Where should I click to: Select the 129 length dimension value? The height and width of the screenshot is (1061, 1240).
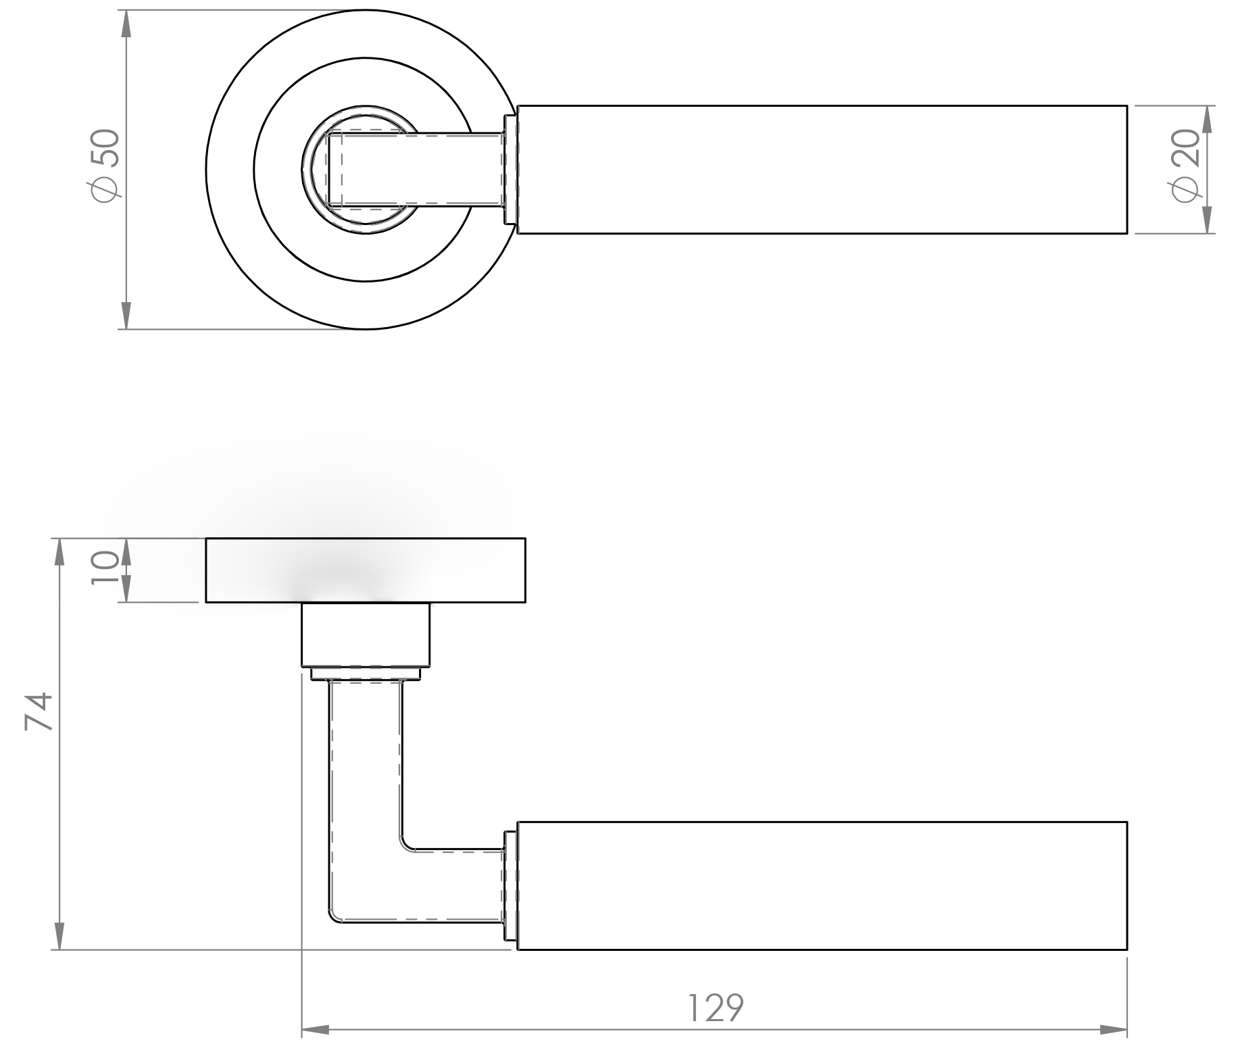pyautogui.click(x=716, y=1008)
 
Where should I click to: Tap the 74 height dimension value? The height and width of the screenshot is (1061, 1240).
pyautogui.click(x=39, y=710)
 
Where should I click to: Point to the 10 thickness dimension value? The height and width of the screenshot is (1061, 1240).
pyautogui.click(x=105, y=569)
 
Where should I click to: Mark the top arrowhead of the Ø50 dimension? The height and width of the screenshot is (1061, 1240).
pyautogui.click(x=126, y=24)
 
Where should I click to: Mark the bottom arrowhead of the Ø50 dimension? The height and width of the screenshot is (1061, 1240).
pyautogui.click(x=126, y=316)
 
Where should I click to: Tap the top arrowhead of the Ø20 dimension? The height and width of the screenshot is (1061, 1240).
pyautogui.click(x=1208, y=119)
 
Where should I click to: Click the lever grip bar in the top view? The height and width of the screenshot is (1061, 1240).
pyautogui.click(x=821, y=170)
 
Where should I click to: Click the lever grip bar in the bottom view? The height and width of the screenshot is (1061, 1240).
pyautogui.click(x=821, y=886)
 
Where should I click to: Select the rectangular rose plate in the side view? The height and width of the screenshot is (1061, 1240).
pyautogui.click(x=365, y=570)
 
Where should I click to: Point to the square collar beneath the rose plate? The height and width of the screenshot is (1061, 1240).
pyautogui.click(x=365, y=635)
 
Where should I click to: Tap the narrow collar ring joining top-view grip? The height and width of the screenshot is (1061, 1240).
pyautogui.click(x=510, y=170)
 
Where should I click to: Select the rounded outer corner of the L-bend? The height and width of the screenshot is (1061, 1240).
pyautogui.click(x=334, y=916)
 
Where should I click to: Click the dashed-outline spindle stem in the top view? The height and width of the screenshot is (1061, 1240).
pyautogui.click(x=419, y=170)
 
